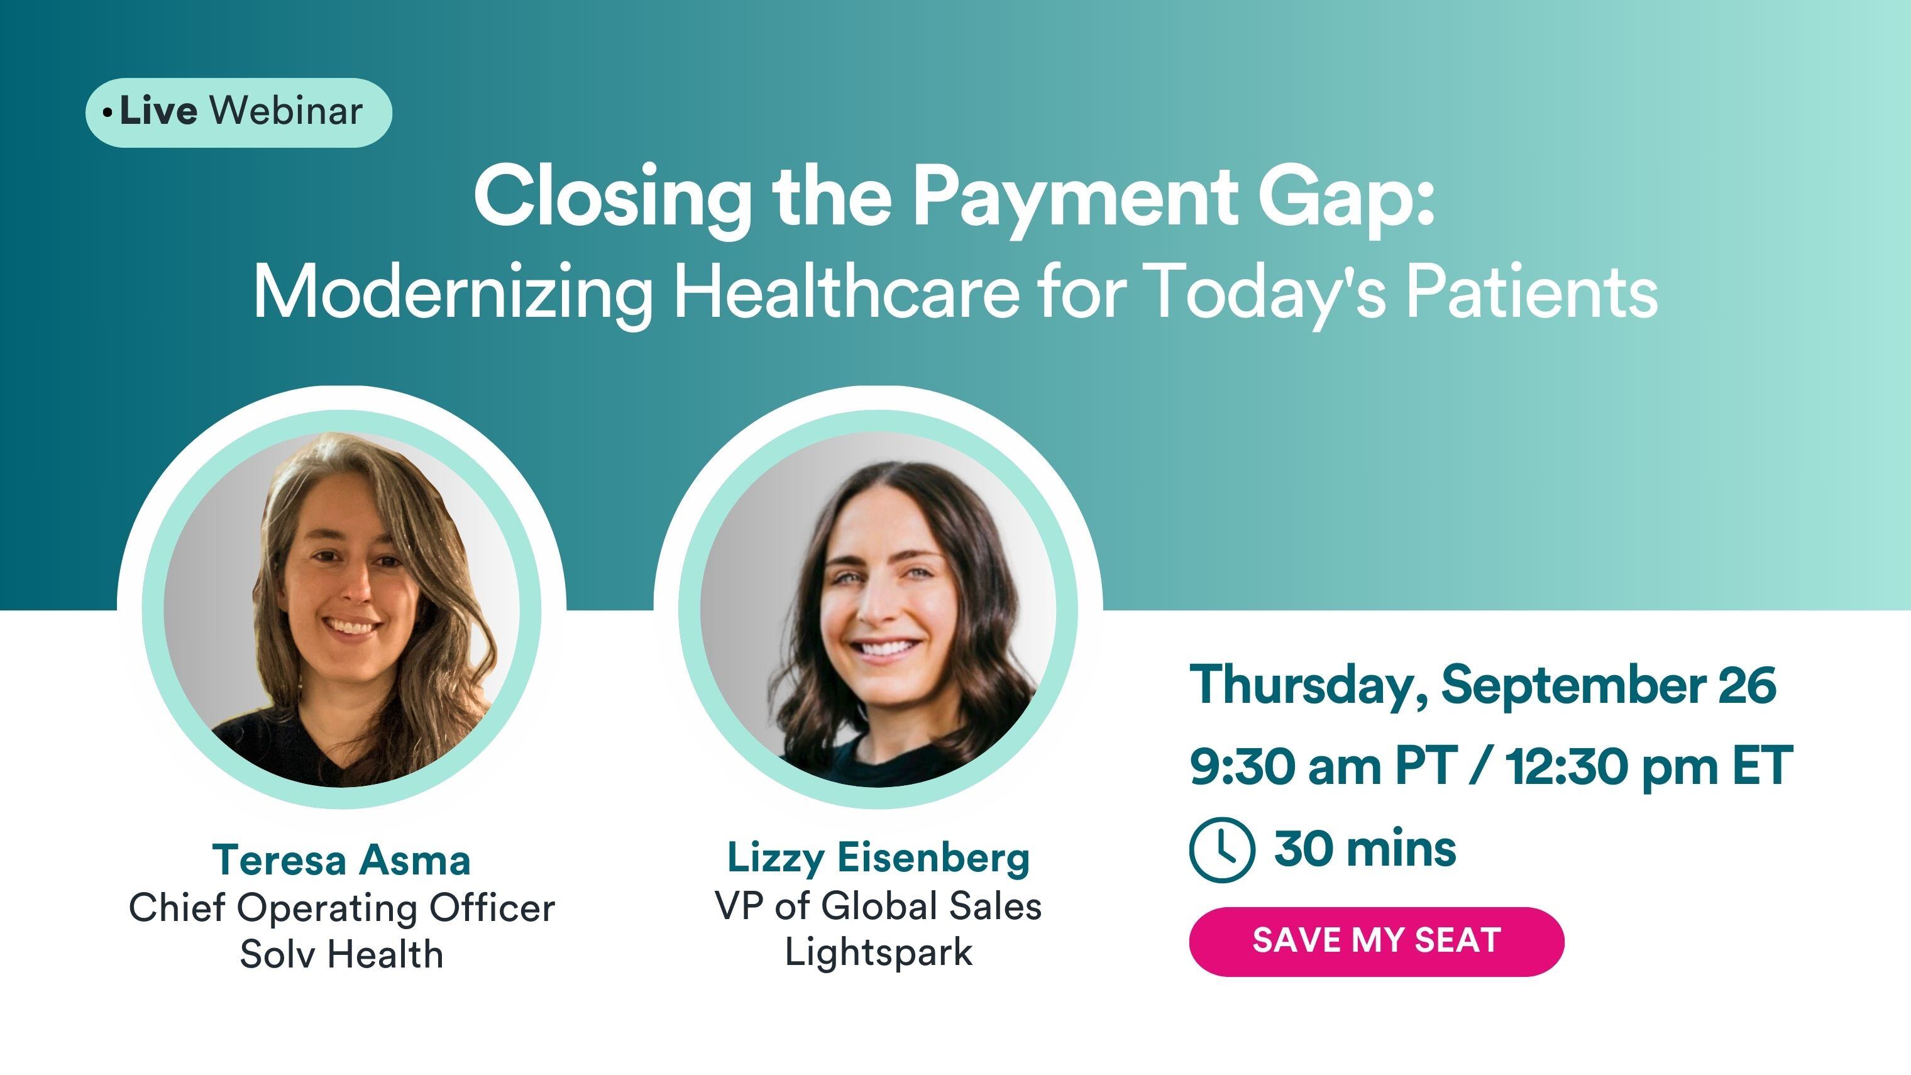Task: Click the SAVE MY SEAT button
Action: click(1376, 940)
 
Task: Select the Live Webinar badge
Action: click(238, 112)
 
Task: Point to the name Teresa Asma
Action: click(341, 860)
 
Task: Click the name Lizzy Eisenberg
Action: click(878, 857)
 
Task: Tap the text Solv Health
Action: click(341, 954)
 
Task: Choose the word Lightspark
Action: click(878, 952)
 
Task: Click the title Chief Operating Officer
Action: click(341, 907)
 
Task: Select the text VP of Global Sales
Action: click(878, 905)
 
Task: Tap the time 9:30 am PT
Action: click(1321, 766)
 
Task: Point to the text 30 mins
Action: click(1365, 848)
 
